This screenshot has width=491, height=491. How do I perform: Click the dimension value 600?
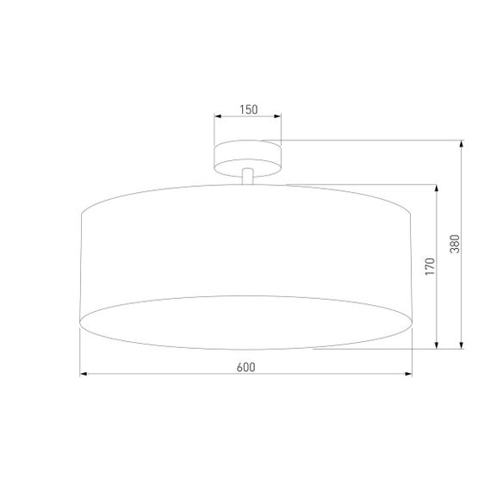pos(245,367)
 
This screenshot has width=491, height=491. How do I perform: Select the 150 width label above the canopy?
pos(248,109)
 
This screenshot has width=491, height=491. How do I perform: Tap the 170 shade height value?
pos(430,266)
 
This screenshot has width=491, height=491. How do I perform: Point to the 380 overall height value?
pos(455,245)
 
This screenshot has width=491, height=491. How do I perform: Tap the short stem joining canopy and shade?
pos(248,176)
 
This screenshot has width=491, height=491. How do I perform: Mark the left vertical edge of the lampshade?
pos(80,267)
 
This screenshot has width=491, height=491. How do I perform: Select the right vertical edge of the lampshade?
pos(412,267)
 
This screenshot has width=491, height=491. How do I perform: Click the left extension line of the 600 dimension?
pos(80,353)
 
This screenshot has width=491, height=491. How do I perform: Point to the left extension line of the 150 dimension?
pos(214,129)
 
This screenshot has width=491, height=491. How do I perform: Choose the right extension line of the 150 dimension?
pos(281,129)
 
